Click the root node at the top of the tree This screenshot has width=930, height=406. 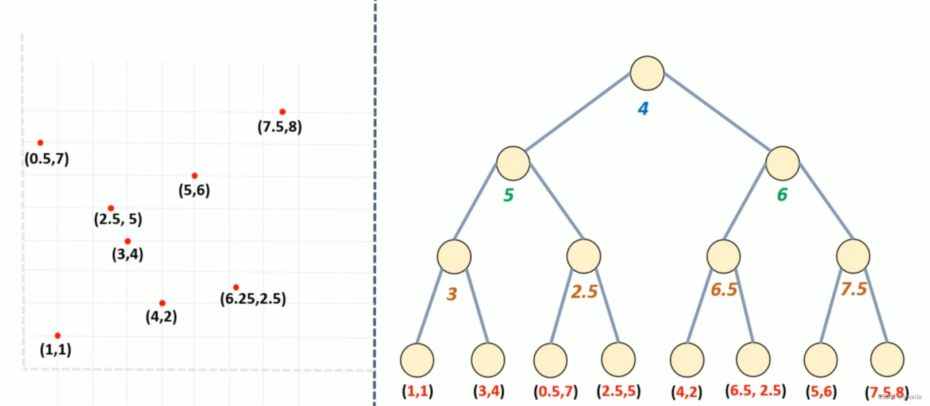click(x=647, y=74)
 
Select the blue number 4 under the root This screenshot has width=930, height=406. click(x=643, y=109)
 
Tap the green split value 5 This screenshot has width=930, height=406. click(x=508, y=195)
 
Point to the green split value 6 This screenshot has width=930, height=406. click(x=782, y=195)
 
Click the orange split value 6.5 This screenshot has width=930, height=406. click(x=724, y=289)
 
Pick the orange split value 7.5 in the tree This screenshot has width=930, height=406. click(x=854, y=289)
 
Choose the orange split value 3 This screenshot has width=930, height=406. click(x=452, y=294)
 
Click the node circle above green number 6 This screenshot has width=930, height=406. click(x=782, y=163)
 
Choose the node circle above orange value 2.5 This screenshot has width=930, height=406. click(x=584, y=256)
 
